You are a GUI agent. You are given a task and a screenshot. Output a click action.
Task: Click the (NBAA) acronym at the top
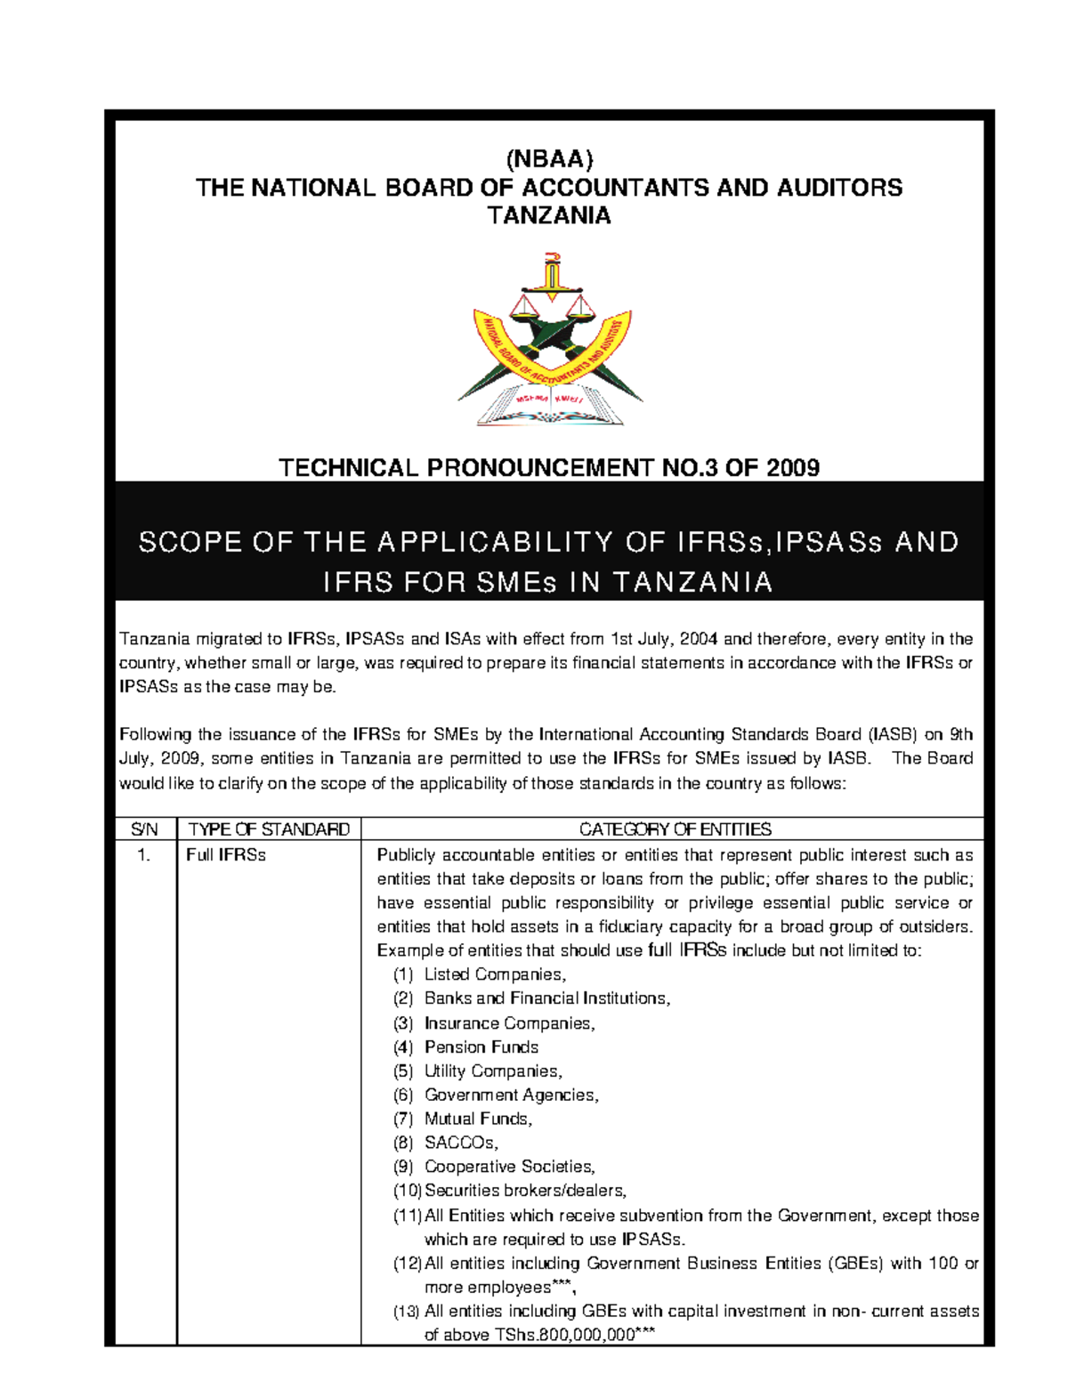(549, 159)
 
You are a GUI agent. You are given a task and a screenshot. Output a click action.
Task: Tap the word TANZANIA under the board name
(549, 215)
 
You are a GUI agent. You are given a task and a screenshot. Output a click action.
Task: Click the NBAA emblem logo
(550, 342)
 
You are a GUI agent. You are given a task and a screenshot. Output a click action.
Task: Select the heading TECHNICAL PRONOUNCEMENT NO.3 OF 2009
(549, 467)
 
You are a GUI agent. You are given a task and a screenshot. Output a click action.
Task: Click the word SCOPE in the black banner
(190, 542)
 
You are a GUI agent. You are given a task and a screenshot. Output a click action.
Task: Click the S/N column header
(144, 829)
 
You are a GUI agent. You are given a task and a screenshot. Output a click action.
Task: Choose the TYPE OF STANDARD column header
(269, 829)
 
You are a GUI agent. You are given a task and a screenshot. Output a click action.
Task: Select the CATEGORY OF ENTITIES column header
(675, 829)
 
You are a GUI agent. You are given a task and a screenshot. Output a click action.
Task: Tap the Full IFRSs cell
(226, 855)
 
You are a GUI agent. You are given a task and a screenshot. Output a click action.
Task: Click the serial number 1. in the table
(144, 855)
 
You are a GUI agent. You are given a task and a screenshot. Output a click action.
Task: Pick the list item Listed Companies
(495, 974)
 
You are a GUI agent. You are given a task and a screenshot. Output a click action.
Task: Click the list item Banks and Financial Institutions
(546, 998)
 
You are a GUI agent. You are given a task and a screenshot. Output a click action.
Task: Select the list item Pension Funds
(481, 1047)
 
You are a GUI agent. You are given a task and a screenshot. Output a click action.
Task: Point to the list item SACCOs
(461, 1143)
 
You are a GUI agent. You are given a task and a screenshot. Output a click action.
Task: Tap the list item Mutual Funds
(478, 1119)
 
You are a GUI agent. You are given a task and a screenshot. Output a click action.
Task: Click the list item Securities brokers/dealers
(525, 1191)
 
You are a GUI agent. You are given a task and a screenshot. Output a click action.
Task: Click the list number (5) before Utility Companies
(403, 1071)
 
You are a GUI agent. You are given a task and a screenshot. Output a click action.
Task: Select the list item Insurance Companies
(509, 1023)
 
